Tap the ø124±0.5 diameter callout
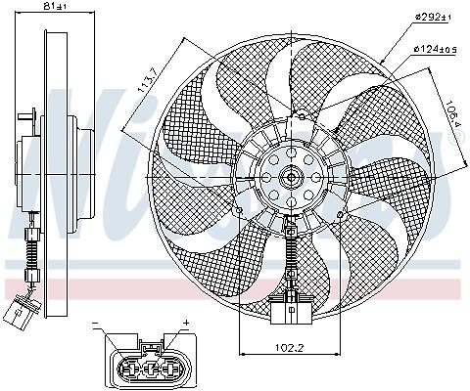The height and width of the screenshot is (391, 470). coord(435,49)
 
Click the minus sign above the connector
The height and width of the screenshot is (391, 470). coord(95,323)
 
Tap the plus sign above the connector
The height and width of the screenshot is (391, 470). coord(186,323)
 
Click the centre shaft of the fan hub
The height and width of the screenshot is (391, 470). coord(292,177)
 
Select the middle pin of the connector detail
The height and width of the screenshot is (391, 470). coord(151,369)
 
